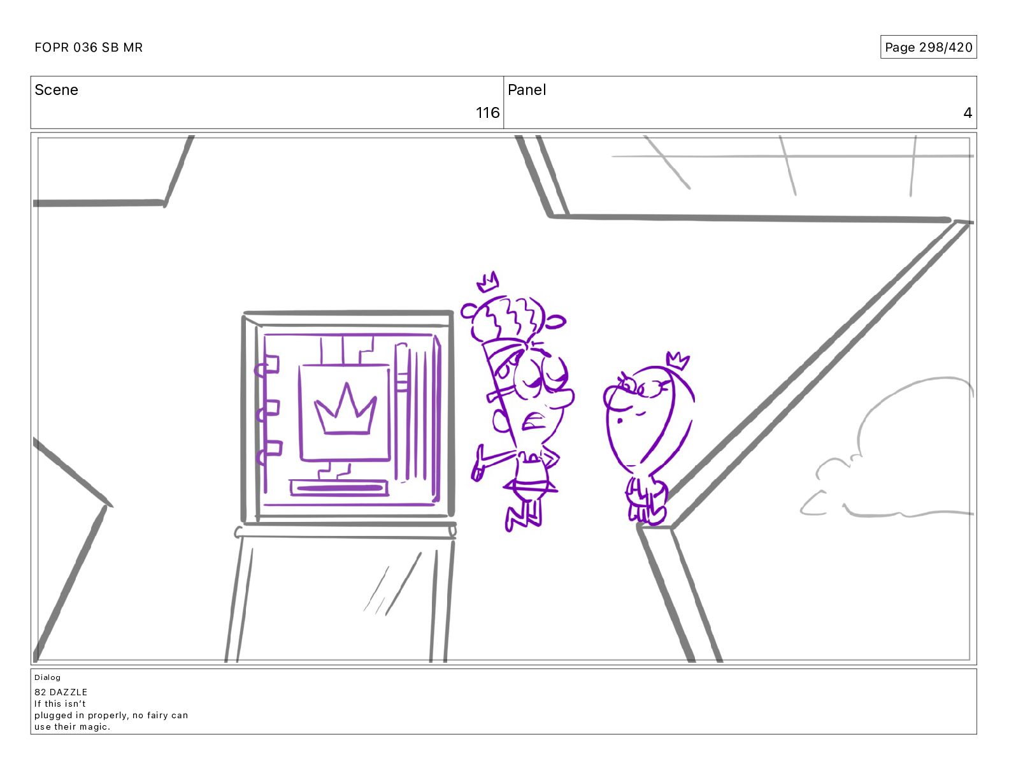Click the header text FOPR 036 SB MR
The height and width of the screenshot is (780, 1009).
pyautogui.click(x=88, y=47)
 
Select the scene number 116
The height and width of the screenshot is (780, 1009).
pyautogui.click(x=487, y=112)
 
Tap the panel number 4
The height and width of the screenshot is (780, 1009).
pyautogui.click(x=968, y=112)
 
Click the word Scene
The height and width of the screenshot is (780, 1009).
pyautogui.click(x=56, y=90)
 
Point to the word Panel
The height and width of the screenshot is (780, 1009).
pyautogui.click(x=527, y=90)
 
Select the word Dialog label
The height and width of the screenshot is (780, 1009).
pyautogui.click(x=47, y=677)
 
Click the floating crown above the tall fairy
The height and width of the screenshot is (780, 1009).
pyautogui.click(x=487, y=282)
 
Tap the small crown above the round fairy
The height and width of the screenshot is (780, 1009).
pyautogui.click(x=678, y=361)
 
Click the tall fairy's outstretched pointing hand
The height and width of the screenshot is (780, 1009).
pyautogui.click(x=479, y=465)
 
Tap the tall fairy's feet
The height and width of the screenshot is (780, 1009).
pyautogui.click(x=524, y=519)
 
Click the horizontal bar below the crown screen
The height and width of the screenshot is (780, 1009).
pyautogui.click(x=339, y=487)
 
